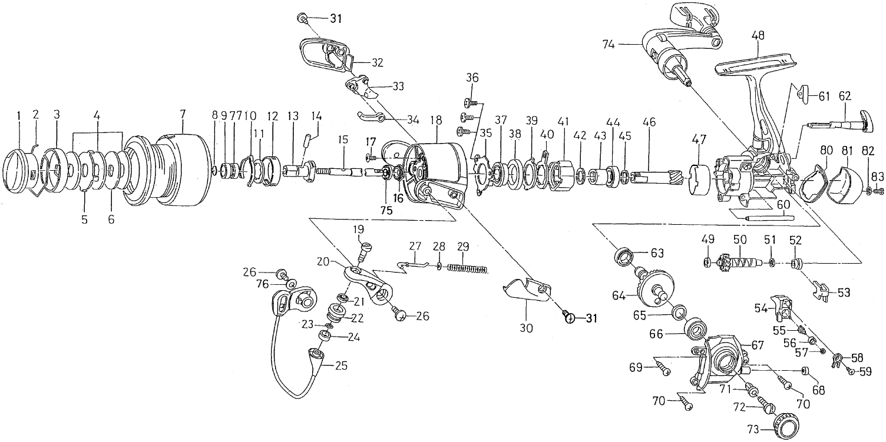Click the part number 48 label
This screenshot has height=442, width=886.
click(758, 36)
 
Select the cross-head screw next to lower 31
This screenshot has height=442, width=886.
click(570, 318)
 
